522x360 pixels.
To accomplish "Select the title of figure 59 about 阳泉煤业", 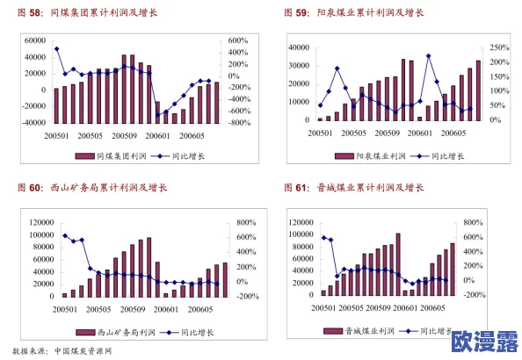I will pyautogui.click(x=369, y=13).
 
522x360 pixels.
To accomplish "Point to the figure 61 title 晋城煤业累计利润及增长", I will pyautogui.click(x=369, y=188).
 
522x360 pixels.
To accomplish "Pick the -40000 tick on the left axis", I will pyautogui.click(x=33, y=123).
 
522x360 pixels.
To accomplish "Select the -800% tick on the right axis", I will pyautogui.click(x=241, y=123).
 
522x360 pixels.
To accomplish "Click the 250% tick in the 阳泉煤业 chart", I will pyautogui.click(x=500, y=47).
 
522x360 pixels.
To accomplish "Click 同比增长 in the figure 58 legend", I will pyautogui.click(x=185, y=156).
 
